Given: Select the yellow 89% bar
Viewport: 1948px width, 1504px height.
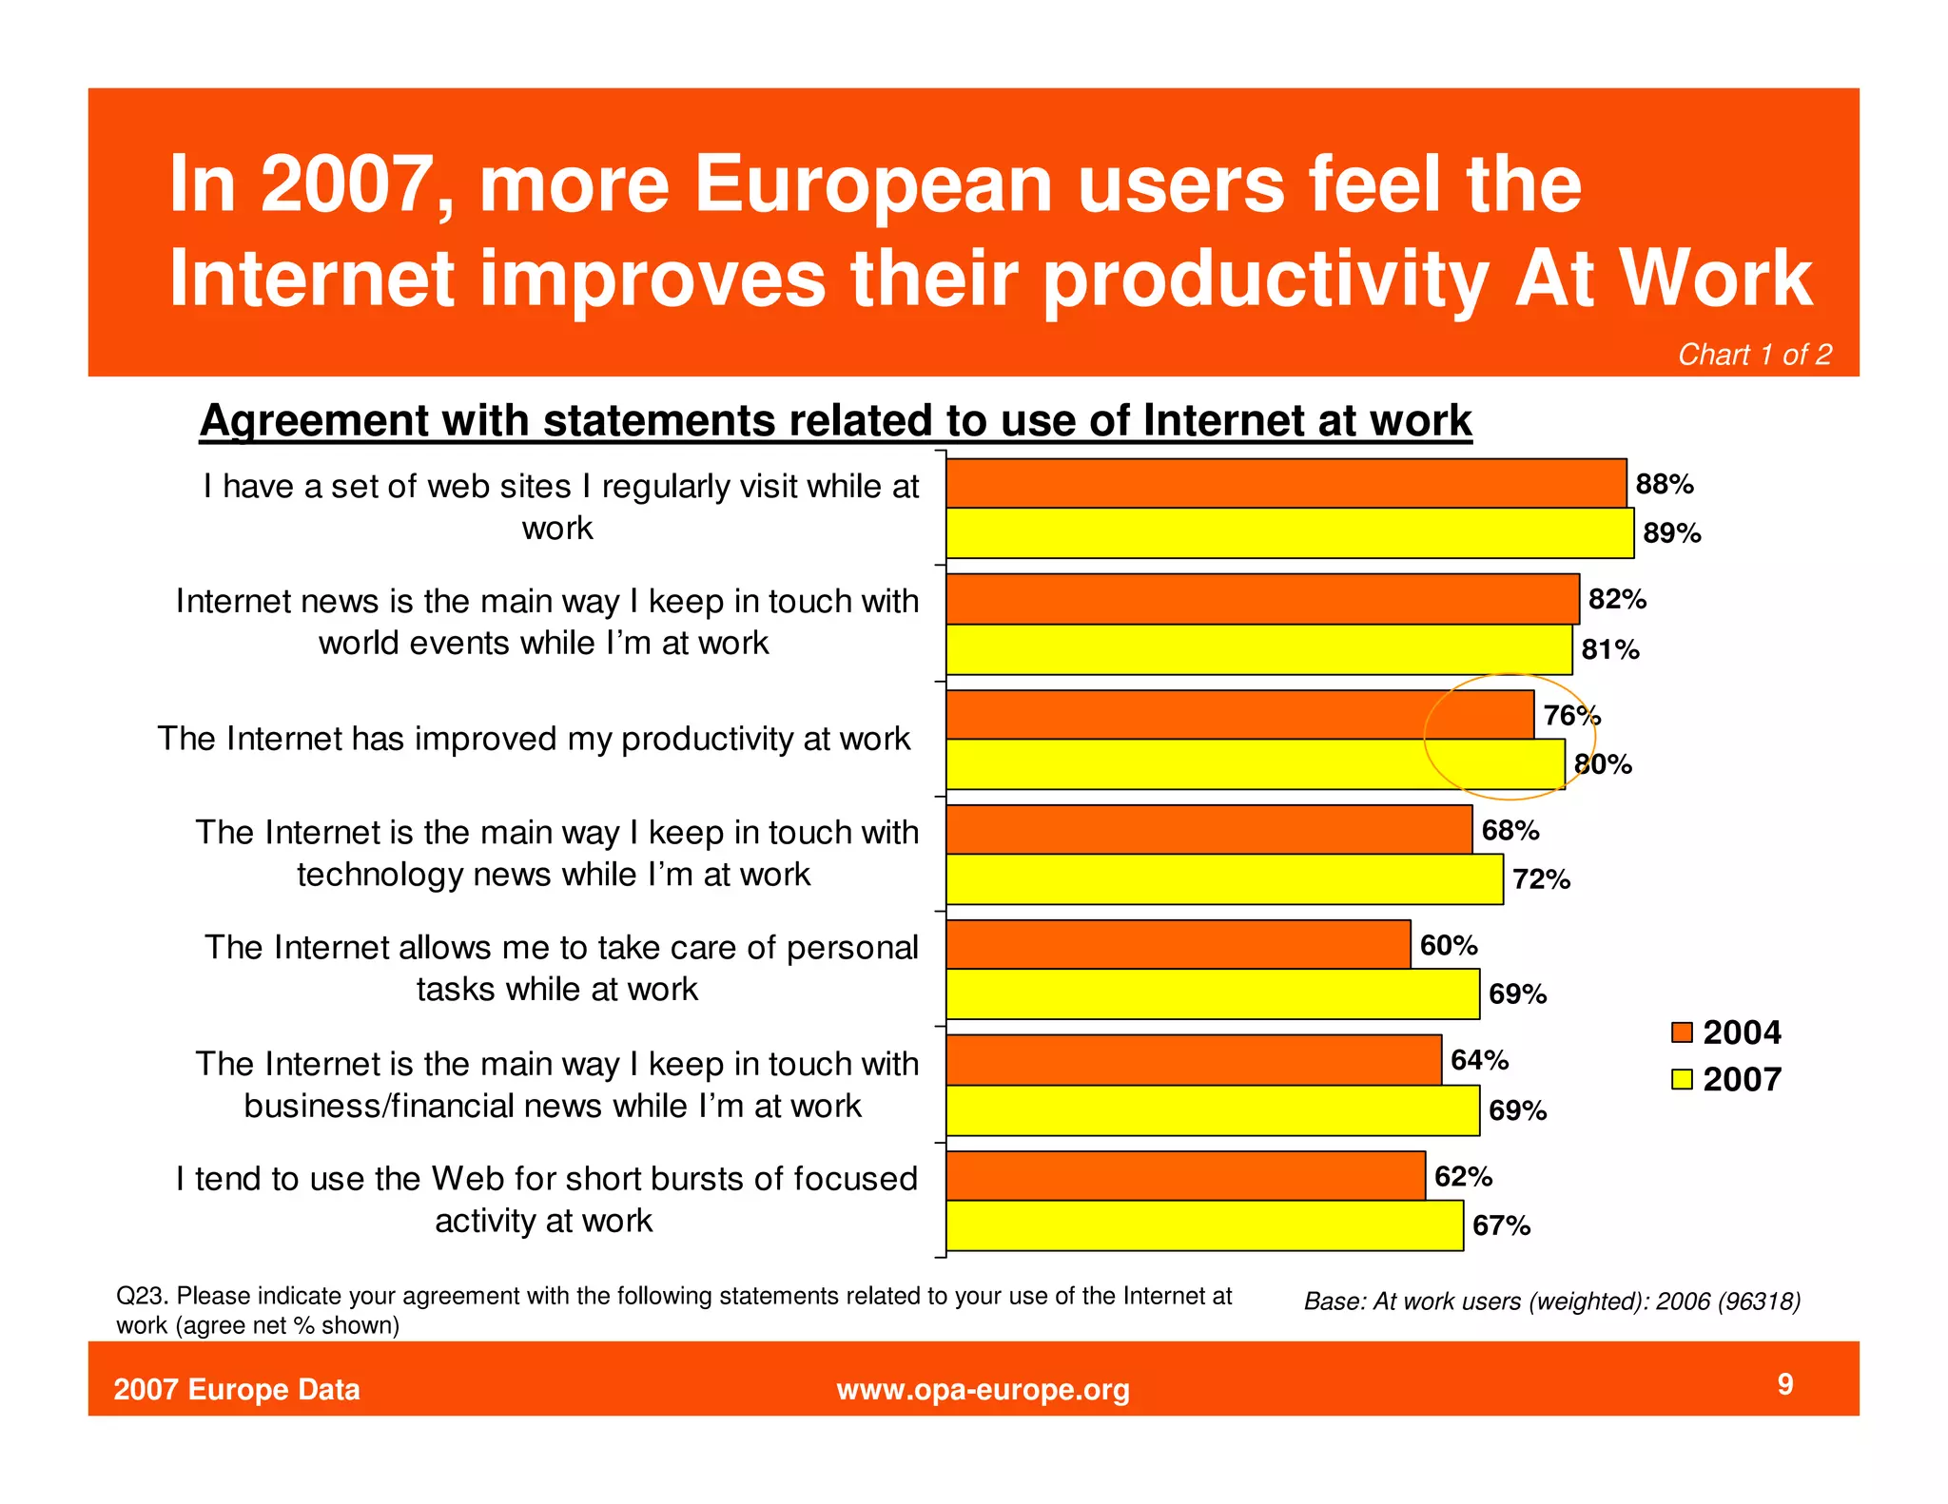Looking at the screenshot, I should point(1289,532).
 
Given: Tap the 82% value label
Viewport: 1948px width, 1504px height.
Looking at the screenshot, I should point(1616,599).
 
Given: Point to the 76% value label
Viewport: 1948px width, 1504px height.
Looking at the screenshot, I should point(1571,715).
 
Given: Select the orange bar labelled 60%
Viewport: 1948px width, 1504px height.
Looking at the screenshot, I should point(1178,944).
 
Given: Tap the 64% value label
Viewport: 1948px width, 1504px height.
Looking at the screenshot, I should point(1479,1059).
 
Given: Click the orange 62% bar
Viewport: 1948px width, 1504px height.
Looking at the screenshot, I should point(1184,1175).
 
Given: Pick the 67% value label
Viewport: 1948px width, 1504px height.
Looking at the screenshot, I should point(1501,1225).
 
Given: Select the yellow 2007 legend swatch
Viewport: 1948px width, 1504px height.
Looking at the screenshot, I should point(1682,1079).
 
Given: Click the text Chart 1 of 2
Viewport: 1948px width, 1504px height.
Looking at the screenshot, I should point(1754,355).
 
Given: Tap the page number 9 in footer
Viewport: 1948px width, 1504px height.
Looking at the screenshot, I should point(1785,1383).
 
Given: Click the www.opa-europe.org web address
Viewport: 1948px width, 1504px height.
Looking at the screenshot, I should point(983,1389).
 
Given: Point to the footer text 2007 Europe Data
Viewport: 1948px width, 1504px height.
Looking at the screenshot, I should point(237,1389).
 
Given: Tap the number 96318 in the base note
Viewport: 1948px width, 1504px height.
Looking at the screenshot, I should point(1760,1301).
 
